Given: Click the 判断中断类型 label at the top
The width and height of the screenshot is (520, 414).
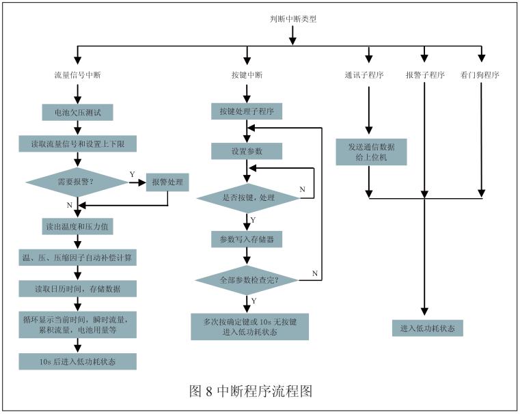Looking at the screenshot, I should pyautogui.click(x=293, y=19).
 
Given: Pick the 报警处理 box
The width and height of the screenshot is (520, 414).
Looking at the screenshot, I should pyautogui.click(x=167, y=182).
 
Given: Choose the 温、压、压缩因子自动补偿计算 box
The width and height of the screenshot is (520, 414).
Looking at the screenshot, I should pyautogui.click(x=77, y=257).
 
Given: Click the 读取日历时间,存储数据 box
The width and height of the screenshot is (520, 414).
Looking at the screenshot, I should pyautogui.click(x=77, y=288).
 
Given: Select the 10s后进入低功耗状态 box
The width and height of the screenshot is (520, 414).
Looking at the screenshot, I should pyautogui.click(x=77, y=361).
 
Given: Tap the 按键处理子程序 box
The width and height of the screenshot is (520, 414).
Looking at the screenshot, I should pyautogui.click(x=247, y=110).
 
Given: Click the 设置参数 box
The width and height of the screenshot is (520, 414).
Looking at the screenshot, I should pyautogui.click(x=247, y=150).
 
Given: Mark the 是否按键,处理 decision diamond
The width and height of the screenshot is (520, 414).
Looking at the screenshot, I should pyautogui.click(x=248, y=197).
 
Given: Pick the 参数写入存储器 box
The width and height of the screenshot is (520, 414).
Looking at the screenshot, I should pyautogui.click(x=247, y=238).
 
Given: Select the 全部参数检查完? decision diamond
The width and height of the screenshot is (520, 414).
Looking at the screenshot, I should pyautogui.click(x=248, y=279).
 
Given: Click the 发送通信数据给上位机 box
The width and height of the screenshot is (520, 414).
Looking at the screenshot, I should pyautogui.click(x=371, y=152).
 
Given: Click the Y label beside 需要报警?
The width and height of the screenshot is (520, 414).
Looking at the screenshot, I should pyautogui.click(x=132, y=175).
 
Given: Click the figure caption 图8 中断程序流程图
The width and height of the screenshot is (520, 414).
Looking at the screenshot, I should pyautogui.click(x=251, y=391).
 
